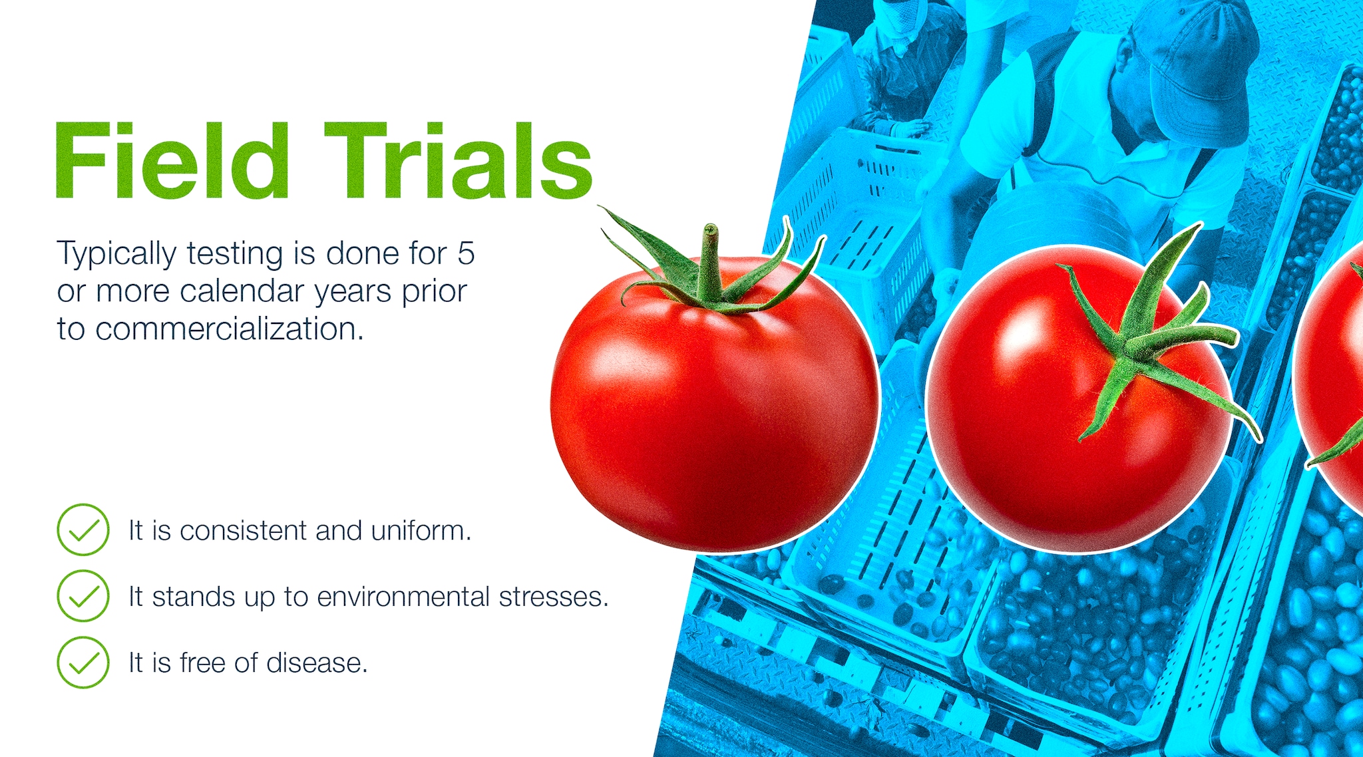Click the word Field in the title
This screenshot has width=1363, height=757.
coord(172,160)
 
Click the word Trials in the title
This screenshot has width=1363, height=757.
coord(458,160)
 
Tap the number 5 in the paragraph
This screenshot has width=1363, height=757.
coord(466,253)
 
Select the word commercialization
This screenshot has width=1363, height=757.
coord(230,329)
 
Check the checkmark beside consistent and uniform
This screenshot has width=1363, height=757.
coord(83,530)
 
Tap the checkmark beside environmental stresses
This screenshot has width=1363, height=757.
coord(83,596)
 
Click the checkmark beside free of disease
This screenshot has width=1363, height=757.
coord(83,663)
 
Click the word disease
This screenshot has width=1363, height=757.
coord(317,663)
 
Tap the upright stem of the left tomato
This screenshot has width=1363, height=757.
coord(710,263)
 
